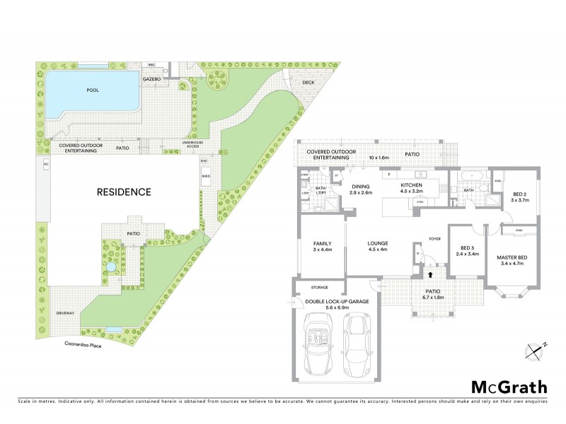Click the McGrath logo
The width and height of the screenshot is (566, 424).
[x=509, y=387]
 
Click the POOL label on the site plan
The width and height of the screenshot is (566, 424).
[x=92, y=90]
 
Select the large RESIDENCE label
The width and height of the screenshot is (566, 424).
[x=124, y=192]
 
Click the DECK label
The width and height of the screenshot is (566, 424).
[x=308, y=82]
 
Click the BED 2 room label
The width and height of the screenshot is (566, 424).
[x=520, y=196]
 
